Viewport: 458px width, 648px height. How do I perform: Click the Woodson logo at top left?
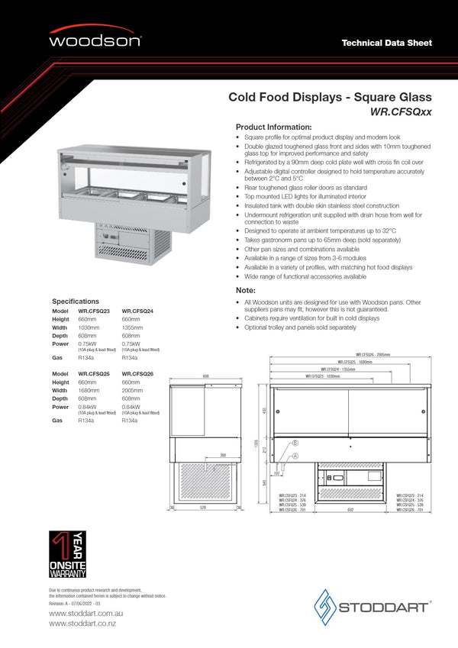click(x=95, y=39)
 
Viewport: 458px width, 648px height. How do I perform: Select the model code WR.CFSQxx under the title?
click(x=401, y=111)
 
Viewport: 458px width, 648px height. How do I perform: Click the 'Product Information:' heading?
click(x=273, y=127)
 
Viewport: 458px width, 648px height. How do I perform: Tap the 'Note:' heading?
click(x=245, y=291)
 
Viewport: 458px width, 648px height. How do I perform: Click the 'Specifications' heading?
click(x=76, y=301)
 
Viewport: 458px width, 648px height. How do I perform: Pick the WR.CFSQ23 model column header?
click(x=94, y=311)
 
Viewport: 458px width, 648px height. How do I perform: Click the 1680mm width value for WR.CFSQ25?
click(x=89, y=390)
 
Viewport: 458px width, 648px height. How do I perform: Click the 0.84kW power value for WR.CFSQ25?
click(x=89, y=406)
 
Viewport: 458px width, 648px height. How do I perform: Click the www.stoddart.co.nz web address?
click(x=82, y=624)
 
